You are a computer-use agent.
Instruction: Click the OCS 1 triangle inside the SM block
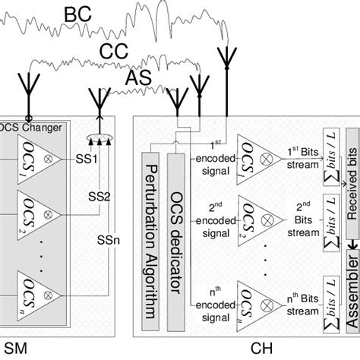(x=35, y=160)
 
